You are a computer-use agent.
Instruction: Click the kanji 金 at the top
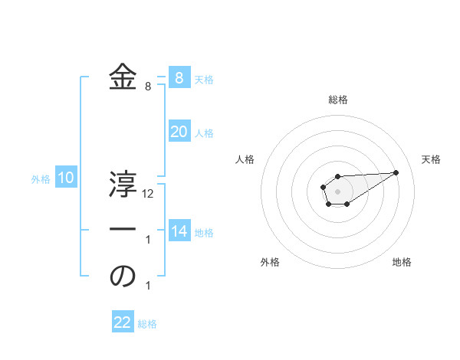[x=123, y=77]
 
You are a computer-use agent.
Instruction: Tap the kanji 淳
[x=123, y=184]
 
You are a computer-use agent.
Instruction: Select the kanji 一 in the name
[x=123, y=229]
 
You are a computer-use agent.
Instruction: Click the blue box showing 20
[x=179, y=132]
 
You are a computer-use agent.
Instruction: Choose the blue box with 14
[x=179, y=230]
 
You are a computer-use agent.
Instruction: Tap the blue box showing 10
[x=66, y=178]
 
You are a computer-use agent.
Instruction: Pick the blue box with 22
[x=123, y=322]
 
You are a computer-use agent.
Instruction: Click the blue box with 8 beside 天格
[x=179, y=77]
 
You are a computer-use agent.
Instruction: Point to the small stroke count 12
[x=148, y=194]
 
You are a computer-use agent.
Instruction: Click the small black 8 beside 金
[x=148, y=87]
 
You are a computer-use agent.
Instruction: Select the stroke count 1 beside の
[x=148, y=286]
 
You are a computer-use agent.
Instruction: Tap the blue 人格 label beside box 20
[x=204, y=133]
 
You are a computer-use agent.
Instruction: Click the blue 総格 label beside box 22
[x=147, y=324]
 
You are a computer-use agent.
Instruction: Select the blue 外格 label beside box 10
[x=41, y=179]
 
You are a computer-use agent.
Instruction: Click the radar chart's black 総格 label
[x=337, y=100]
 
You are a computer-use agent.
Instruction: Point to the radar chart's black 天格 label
[x=431, y=159]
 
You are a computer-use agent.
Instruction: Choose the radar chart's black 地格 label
[x=402, y=263]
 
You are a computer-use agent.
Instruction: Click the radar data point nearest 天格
[x=396, y=172]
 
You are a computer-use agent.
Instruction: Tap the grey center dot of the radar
[x=337, y=191]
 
